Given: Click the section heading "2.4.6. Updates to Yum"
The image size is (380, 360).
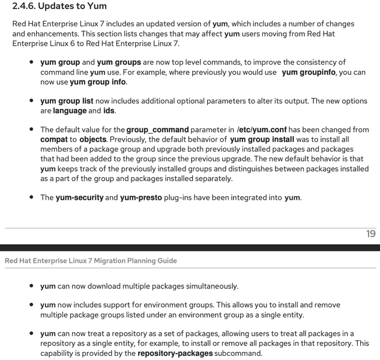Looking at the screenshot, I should tap(59, 7).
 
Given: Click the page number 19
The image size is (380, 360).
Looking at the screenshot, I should tap(370, 233).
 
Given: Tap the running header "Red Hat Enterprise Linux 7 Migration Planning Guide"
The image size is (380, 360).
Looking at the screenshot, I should tap(91, 260).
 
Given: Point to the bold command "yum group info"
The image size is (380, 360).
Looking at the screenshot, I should tap(98, 82).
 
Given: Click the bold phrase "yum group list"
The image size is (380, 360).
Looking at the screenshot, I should tap(67, 101).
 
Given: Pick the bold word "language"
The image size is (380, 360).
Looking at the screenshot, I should tap(70, 110).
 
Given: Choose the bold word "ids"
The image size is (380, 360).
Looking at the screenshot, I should tap(109, 110).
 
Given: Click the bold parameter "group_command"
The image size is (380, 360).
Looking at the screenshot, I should tap(157, 130).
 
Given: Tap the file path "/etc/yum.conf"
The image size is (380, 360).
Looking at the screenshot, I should tap(262, 130).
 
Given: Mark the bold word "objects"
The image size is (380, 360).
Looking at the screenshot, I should tap(92, 139).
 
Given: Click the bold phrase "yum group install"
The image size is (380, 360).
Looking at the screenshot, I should tap(262, 139).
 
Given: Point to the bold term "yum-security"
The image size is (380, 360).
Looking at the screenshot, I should tap(79, 197).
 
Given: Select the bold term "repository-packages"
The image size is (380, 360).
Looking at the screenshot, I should tap(175, 353).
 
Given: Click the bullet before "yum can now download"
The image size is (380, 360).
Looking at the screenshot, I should tap(31, 286).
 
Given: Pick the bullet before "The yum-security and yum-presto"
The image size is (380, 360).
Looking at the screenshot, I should tap(31, 197).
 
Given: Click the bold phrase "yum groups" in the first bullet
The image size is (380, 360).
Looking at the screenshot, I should tap(119, 62).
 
